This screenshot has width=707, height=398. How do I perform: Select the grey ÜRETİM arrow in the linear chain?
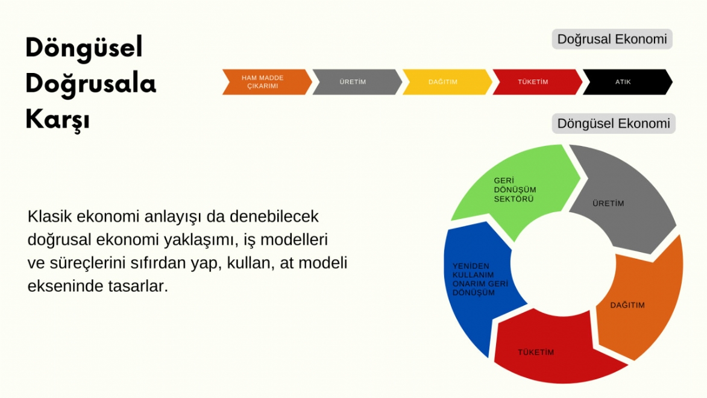pyautogui.click(x=354, y=82)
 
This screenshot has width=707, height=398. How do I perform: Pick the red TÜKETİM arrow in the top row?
pyautogui.click(x=535, y=82)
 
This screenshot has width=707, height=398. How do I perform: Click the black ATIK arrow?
pyautogui.click(x=624, y=82)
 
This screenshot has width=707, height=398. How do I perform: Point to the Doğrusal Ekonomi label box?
pyautogui.click(x=612, y=40)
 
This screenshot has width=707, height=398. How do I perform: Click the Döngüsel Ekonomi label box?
pyautogui.click(x=614, y=124)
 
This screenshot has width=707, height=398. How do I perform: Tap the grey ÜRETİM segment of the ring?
pyautogui.click(x=621, y=199)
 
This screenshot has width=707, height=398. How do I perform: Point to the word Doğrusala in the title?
pyautogui.click(x=90, y=84)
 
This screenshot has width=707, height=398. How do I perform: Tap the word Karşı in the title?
pyautogui.click(x=57, y=119)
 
